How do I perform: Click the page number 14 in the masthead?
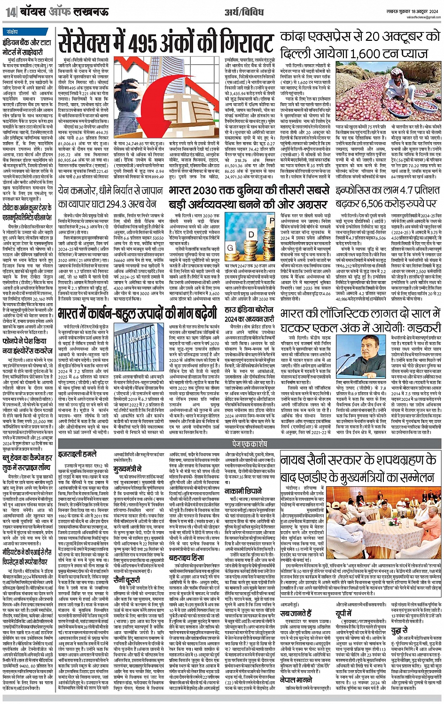(x=10, y=11)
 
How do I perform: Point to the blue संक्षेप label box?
(x=13, y=32)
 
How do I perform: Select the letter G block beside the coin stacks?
(x=231, y=247)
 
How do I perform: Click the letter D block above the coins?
(x=252, y=233)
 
